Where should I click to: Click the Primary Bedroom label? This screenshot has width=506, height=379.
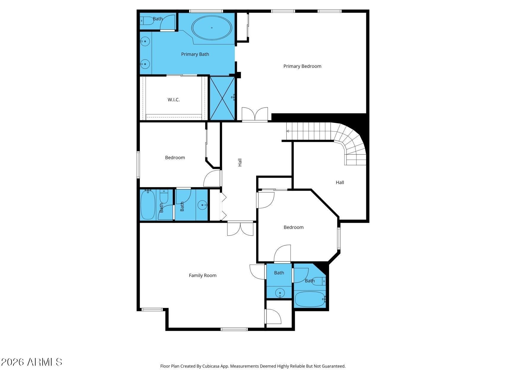click(x=302, y=66)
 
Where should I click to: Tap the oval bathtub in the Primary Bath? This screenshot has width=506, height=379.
click(x=212, y=28)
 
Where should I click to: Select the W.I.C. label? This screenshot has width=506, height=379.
click(x=174, y=100)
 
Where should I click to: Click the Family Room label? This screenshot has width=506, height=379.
click(x=203, y=275)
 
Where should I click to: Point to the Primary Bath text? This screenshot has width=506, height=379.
click(x=195, y=54)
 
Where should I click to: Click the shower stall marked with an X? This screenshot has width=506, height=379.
click(x=222, y=98)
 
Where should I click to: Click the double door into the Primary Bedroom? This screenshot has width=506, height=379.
click(x=255, y=114)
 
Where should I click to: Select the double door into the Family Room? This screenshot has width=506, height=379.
click(x=240, y=229)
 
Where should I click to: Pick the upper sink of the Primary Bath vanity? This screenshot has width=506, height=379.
click(x=145, y=41)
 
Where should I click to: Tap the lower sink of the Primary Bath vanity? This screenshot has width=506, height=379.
click(x=145, y=64)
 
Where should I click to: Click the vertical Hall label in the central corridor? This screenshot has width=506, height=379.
click(x=240, y=162)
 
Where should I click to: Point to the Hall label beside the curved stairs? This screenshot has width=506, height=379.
click(x=340, y=182)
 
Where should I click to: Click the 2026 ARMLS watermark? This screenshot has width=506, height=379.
click(x=31, y=362)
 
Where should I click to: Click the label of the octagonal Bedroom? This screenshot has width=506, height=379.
click(x=294, y=227)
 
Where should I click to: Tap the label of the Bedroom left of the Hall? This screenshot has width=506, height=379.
click(x=175, y=158)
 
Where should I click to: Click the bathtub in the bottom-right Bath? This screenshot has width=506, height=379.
click(x=310, y=299)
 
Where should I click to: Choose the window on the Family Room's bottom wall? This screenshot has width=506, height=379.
click(x=234, y=329)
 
